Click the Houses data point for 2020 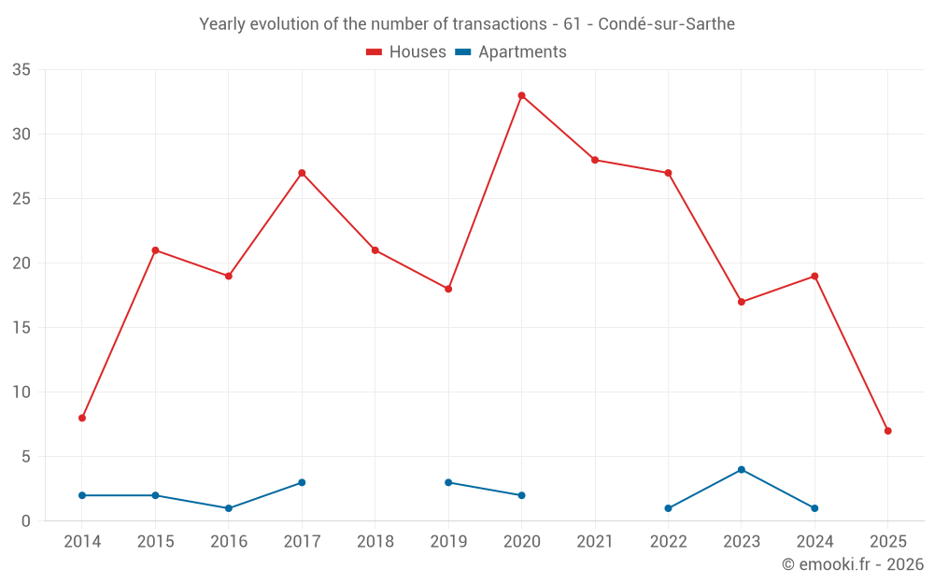pyautogui.click(x=521, y=95)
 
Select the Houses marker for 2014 pyautogui.click(x=82, y=418)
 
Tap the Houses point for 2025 pyautogui.click(x=887, y=431)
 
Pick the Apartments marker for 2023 pyautogui.click(x=742, y=469)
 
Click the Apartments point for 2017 pyautogui.click(x=302, y=482)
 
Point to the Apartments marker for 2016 pyautogui.click(x=229, y=508)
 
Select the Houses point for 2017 pyautogui.click(x=302, y=173)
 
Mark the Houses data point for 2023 pyautogui.click(x=742, y=302)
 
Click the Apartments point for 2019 pyautogui.click(x=448, y=482)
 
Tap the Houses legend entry pyautogui.click(x=406, y=52)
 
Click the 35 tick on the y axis pyautogui.click(x=21, y=70)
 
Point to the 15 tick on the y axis pyautogui.click(x=21, y=328)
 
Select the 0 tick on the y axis pyautogui.click(x=26, y=521)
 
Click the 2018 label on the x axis pyautogui.click(x=375, y=542)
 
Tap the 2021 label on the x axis pyautogui.click(x=595, y=542)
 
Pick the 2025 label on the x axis pyautogui.click(x=887, y=542)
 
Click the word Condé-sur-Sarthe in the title pyautogui.click(x=666, y=24)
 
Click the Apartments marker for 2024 pyautogui.click(x=814, y=508)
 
